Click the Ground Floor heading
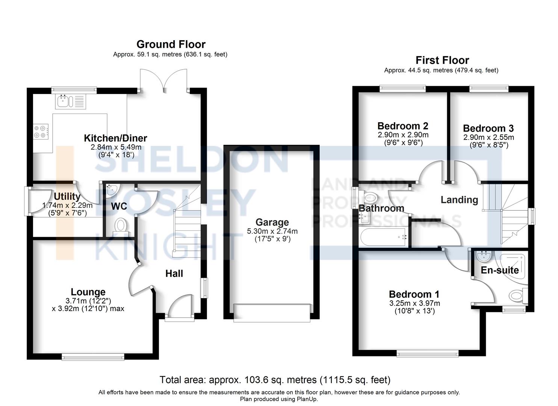(171, 44)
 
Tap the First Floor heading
(442, 60)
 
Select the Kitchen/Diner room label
(115, 138)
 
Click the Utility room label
(67, 197)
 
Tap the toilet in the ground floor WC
(121, 226)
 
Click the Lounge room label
(88, 292)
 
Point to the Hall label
(174, 274)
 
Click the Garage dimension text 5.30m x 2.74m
(272, 231)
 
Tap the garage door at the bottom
(272, 313)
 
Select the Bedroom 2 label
(403, 126)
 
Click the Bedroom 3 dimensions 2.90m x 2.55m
(488, 137)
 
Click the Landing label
(459, 200)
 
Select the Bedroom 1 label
(414, 294)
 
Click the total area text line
(275, 380)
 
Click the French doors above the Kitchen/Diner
(163, 80)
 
